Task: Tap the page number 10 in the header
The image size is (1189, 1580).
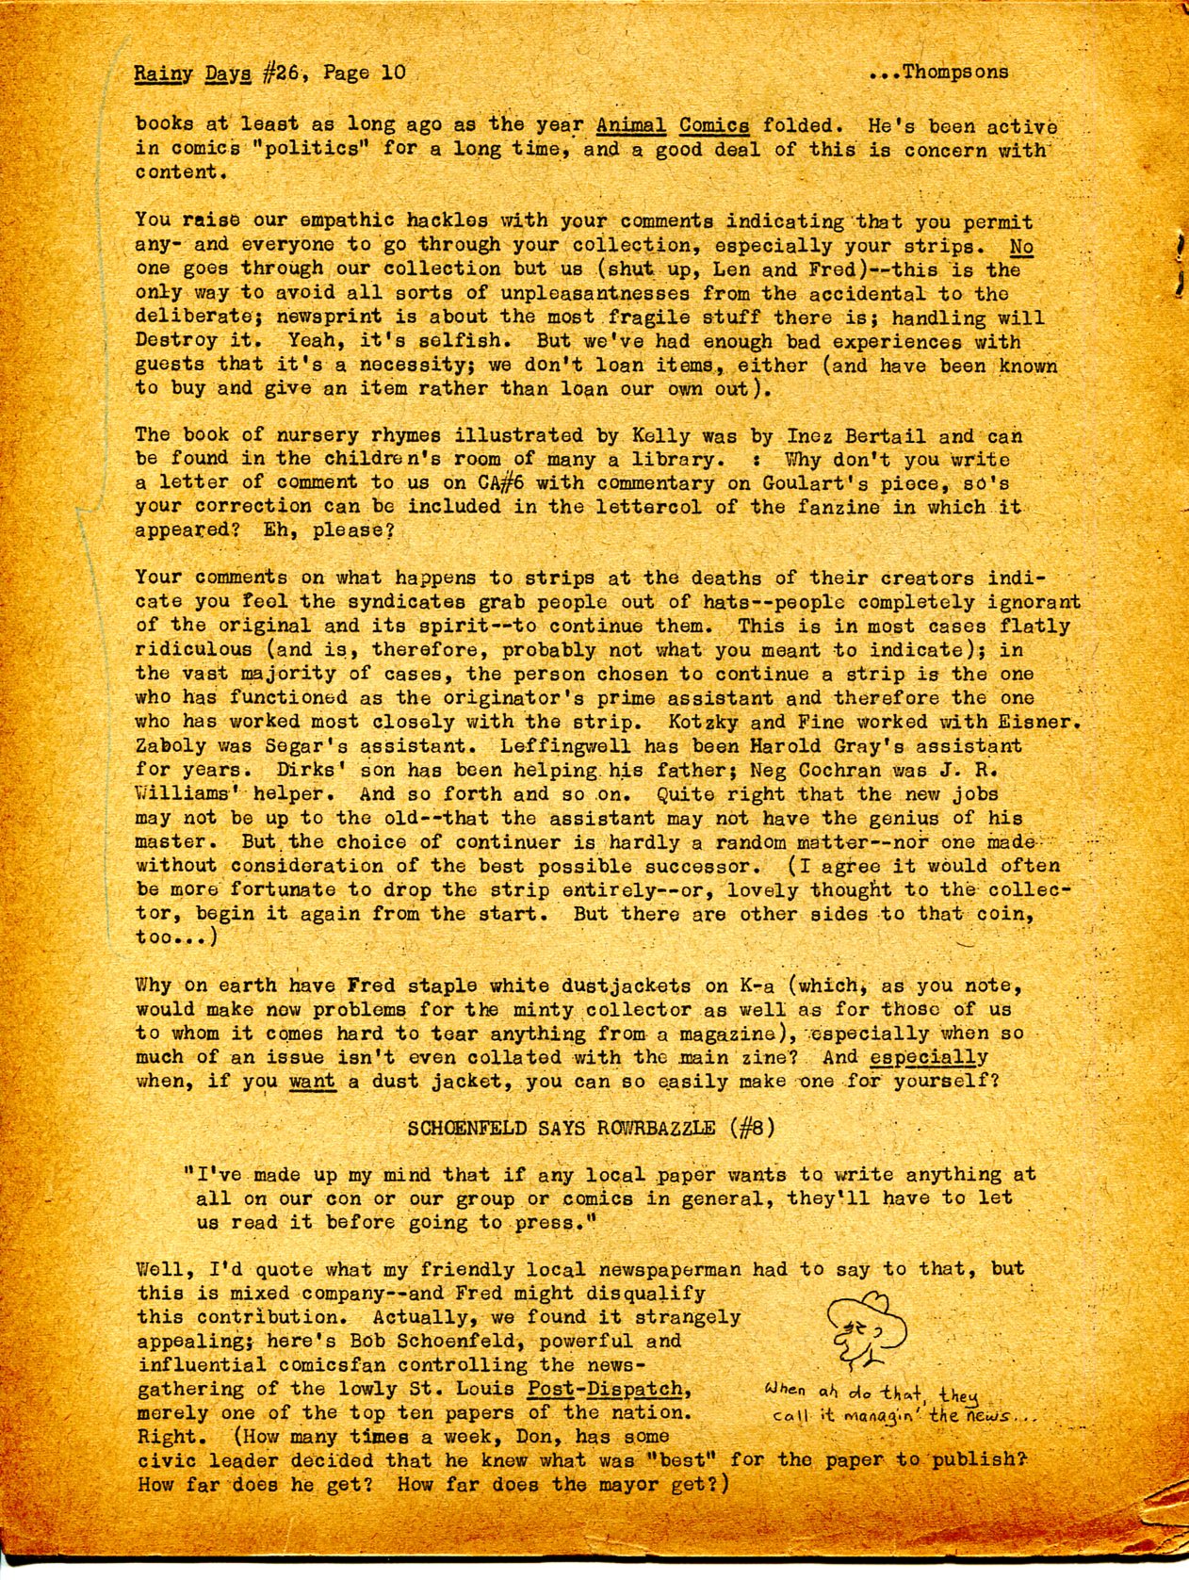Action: coord(394,73)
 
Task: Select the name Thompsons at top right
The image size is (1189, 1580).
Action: coord(954,72)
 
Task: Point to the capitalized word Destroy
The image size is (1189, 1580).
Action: coord(177,341)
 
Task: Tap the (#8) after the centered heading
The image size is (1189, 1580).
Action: coord(752,1128)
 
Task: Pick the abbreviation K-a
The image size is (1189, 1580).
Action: coord(757,986)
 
